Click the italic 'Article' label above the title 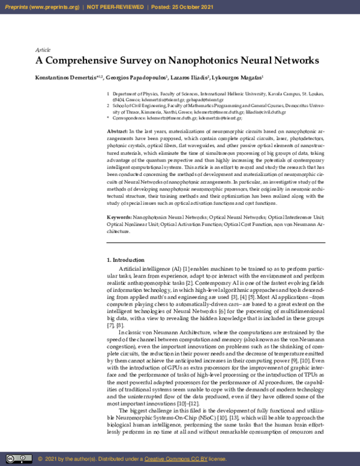43,50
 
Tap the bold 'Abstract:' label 116,130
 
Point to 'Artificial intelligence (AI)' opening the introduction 149,267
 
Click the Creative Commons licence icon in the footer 17,458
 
